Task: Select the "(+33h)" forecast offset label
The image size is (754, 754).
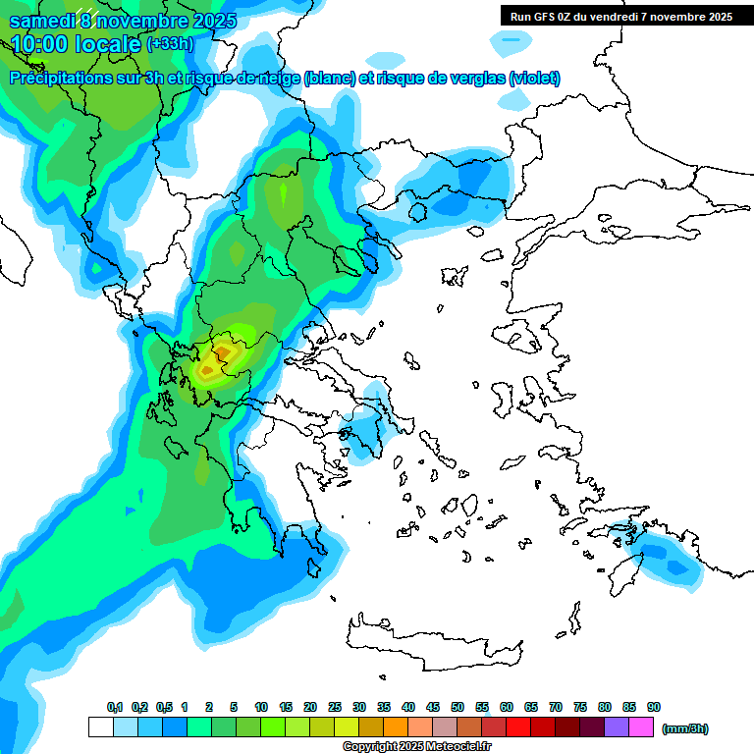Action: point(170,44)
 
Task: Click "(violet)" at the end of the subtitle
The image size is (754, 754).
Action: point(534,79)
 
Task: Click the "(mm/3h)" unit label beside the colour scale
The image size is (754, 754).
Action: point(685,728)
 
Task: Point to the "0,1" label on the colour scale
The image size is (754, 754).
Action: point(115,708)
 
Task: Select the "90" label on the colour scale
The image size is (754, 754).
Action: point(654,708)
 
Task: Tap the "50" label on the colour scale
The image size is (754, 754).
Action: point(458,708)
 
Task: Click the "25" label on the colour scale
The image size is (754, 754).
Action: point(335,708)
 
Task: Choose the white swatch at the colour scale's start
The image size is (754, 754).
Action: point(100,727)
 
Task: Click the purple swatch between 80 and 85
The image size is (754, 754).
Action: point(618,727)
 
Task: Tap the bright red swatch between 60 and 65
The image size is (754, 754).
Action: point(518,727)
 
